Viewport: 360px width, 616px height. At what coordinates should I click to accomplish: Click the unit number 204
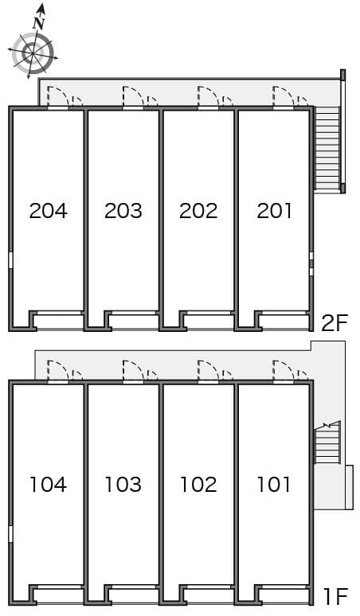[49, 211]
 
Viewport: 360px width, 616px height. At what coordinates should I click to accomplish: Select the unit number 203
[123, 211]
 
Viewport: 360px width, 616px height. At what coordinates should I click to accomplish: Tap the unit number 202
[198, 211]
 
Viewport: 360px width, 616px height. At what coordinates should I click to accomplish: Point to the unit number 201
[274, 211]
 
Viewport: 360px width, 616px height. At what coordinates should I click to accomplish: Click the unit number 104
[49, 485]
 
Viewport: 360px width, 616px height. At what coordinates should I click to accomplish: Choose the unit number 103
[123, 485]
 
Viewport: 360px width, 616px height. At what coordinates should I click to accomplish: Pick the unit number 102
[198, 485]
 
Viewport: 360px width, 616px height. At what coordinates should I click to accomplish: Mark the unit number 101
[274, 485]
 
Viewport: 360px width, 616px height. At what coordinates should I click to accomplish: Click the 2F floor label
[335, 323]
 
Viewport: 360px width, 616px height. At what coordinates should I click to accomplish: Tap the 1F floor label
[336, 597]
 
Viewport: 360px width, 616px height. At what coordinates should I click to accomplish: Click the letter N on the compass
[39, 24]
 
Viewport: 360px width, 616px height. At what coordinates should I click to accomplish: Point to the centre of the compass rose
[32, 52]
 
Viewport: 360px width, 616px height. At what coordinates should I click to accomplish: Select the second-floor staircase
[327, 149]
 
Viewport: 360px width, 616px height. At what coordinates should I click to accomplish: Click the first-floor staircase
[327, 443]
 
